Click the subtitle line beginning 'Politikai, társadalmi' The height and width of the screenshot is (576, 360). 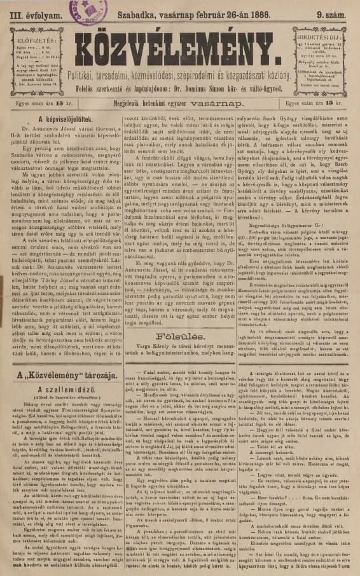coord(179,76)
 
